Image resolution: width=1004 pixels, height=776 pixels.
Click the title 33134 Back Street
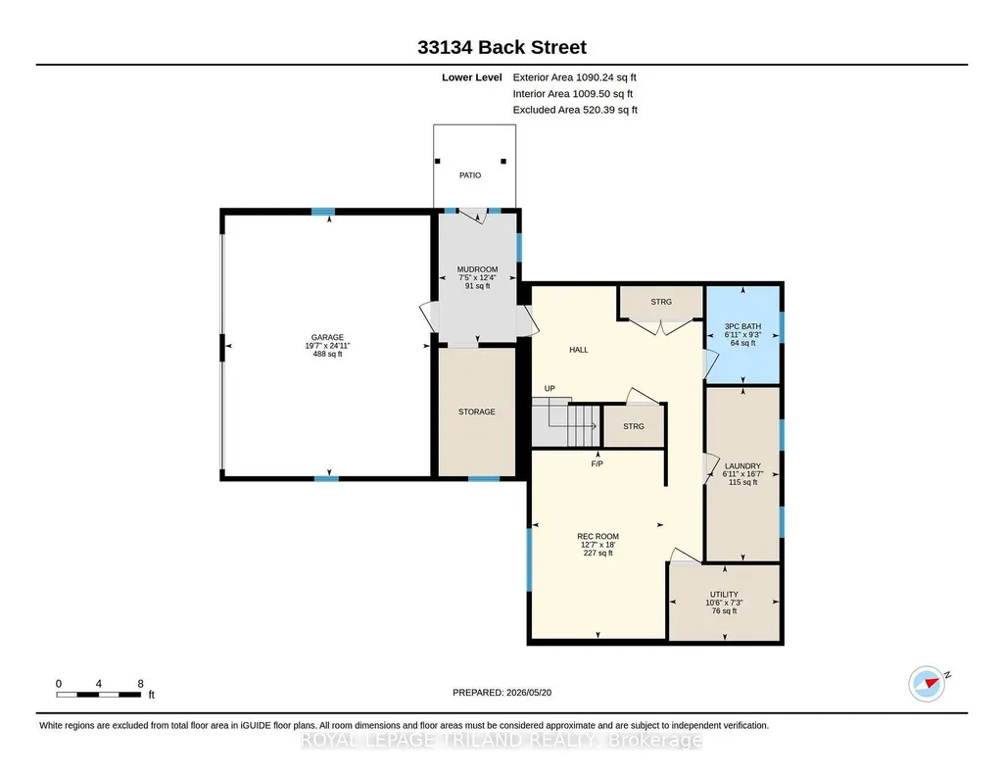pyautogui.click(x=502, y=47)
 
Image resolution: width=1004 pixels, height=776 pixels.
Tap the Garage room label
pyautogui.click(x=327, y=337)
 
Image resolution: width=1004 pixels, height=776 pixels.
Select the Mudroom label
pyautogui.click(x=477, y=269)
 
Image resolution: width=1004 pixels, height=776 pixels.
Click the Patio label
pyautogui.click(x=470, y=175)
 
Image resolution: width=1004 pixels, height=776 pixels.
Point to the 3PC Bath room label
pyautogui.click(x=742, y=326)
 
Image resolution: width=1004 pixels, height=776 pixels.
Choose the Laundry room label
pyautogui.click(x=742, y=466)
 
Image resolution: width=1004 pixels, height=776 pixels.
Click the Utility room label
pyautogui.click(x=724, y=594)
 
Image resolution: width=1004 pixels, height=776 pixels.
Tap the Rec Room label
pyautogui.click(x=598, y=537)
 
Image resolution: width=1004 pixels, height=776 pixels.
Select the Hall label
pyautogui.click(x=579, y=350)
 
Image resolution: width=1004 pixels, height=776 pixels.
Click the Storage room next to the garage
pyautogui.click(x=476, y=412)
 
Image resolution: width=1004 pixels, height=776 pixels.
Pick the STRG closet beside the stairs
pyautogui.click(x=634, y=426)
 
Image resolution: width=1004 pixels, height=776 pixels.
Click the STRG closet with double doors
pyautogui.click(x=661, y=302)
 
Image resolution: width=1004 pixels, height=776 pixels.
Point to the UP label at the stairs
pyautogui.click(x=550, y=389)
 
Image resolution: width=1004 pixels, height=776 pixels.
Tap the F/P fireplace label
pyautogui.click(x=597, y=463)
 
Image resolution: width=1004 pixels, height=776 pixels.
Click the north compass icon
pyautogui.click(x=928, y=684)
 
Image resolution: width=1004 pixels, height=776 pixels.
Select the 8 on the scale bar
pyautogui.click(x=140, y=684)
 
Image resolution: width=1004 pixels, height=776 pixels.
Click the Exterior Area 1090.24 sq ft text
pyautogui.click(x=574, y=77)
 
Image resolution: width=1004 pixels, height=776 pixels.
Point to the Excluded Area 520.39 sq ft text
pyautogui.click(x=575, y=110)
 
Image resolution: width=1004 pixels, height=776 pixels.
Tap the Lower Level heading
pyautogui.click(x=472, y=77)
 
